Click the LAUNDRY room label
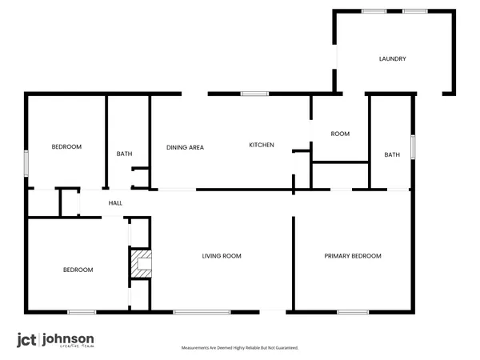coord(393,59)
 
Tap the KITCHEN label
coord(262,145)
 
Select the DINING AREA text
coord(185,147)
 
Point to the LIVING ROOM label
coord(222,256)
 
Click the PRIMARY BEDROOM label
coord(352,256)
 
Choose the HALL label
coord(115,204)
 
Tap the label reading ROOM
coord(340,134)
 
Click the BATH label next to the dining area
coord(124,154)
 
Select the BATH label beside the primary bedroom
coord(391,154)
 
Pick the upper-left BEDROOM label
coord(66,147)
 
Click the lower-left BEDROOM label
coord(78,270)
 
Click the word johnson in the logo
coord(70,338)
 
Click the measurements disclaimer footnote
coord(240,349)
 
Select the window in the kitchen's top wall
coord(254,94)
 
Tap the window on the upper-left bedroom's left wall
coord(26,162)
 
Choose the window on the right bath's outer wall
coord(414,147)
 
